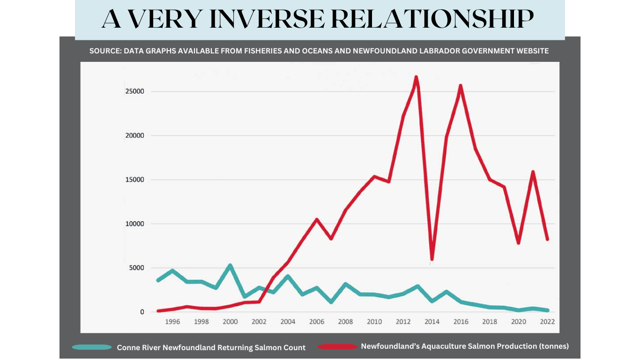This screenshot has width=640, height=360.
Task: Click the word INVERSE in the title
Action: point(263,19)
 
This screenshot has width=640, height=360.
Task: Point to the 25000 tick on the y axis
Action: point(134,91)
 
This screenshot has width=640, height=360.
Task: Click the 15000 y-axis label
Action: point(134,180)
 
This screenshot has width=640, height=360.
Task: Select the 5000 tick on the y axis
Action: point(136,268)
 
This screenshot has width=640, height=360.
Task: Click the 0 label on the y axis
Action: point(142,312)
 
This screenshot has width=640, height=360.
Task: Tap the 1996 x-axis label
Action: point(172,322)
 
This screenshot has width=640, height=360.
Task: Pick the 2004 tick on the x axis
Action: point(288,322)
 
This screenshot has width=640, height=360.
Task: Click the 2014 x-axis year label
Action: point(432,322)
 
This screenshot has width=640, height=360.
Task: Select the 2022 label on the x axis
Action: point(547,322)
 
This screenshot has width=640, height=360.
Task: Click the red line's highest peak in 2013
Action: point(416,77)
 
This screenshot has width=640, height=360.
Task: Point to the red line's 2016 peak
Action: point(461,86)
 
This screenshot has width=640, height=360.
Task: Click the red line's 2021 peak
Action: point(533,172)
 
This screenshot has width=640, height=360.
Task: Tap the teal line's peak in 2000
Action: point(230,266)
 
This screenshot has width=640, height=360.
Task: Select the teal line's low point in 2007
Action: point(331,302)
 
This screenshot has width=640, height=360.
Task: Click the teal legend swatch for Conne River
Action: point(92,347)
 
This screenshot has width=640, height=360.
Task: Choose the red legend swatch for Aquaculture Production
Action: point(337,347)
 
